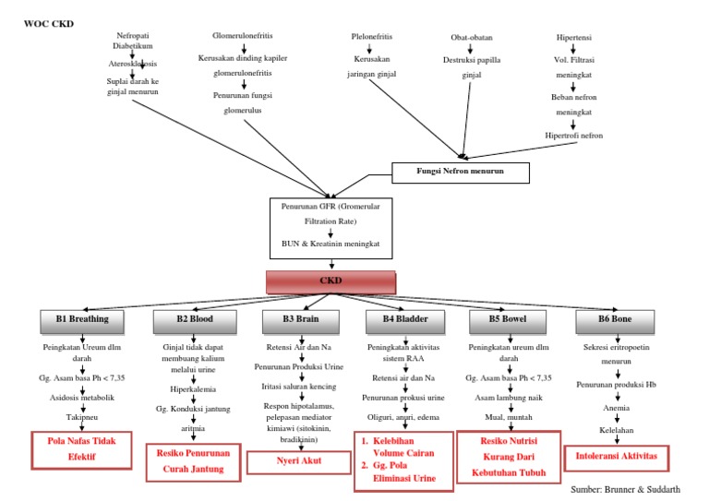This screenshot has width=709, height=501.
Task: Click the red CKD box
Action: [x=331, y=282]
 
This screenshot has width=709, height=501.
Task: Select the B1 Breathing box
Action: [x=82, y=319]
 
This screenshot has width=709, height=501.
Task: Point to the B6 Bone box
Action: [x=615, y=319]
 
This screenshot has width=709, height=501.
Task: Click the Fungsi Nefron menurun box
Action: [x=461, y=173]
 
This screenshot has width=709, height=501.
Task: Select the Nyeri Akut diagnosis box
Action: [x=299, y=459]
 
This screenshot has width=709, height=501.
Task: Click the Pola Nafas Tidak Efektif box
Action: [x=82, y=447]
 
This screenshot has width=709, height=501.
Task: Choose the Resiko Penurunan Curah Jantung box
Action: [x=193, y=463]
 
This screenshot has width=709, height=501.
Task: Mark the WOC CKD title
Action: [x=47, y=23]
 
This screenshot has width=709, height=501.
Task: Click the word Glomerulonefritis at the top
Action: [x=242, y=37]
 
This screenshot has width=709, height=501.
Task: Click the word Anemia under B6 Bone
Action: [x=617, y=407]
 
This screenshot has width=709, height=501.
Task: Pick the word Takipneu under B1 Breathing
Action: [x=82, y=416]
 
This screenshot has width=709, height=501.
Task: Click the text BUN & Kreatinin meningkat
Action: [x=330, y=243]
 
